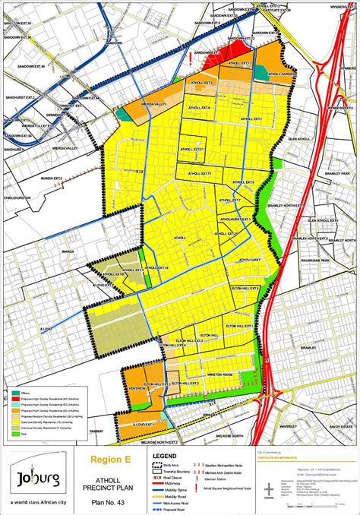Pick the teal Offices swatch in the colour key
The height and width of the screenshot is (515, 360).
[17, 393]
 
